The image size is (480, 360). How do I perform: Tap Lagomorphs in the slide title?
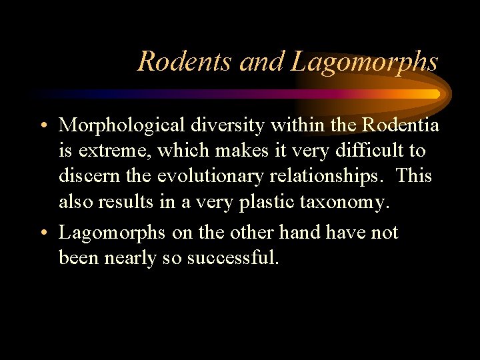coord(365,63)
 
